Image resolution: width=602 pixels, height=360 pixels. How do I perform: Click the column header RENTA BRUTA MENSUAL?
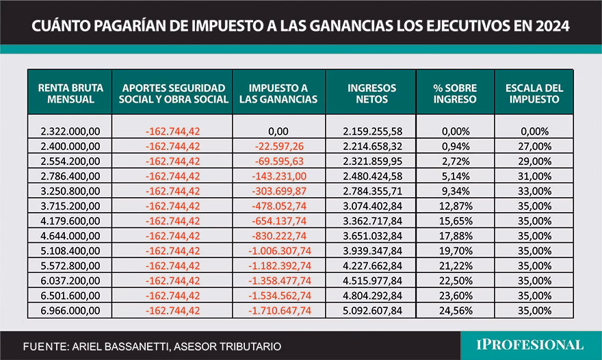click(70, 93)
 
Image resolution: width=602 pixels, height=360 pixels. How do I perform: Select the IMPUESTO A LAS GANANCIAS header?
click(278, 93)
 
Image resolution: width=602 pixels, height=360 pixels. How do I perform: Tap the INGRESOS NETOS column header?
click(371, 93)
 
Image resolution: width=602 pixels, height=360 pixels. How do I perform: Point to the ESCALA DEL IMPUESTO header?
click(534, 93)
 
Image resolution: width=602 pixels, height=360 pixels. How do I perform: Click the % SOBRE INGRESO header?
click(455, 93)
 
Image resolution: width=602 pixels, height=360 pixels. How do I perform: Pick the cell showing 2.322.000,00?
click(70, 131)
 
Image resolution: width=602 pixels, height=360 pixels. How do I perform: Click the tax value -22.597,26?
click(278, 146)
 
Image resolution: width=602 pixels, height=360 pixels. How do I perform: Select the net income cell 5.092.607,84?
click(371, 311)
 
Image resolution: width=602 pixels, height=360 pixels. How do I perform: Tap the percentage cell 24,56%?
click(455, 311)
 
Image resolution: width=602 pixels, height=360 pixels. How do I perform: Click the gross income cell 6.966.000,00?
click(70, 311)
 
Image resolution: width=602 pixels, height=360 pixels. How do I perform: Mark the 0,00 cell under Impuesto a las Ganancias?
click(278, 131)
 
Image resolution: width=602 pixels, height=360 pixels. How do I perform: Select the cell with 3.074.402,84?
click(371, 206)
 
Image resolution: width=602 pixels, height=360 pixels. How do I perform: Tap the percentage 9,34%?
click(455, 191)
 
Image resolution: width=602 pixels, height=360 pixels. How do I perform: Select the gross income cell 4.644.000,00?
click(70, 236)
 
